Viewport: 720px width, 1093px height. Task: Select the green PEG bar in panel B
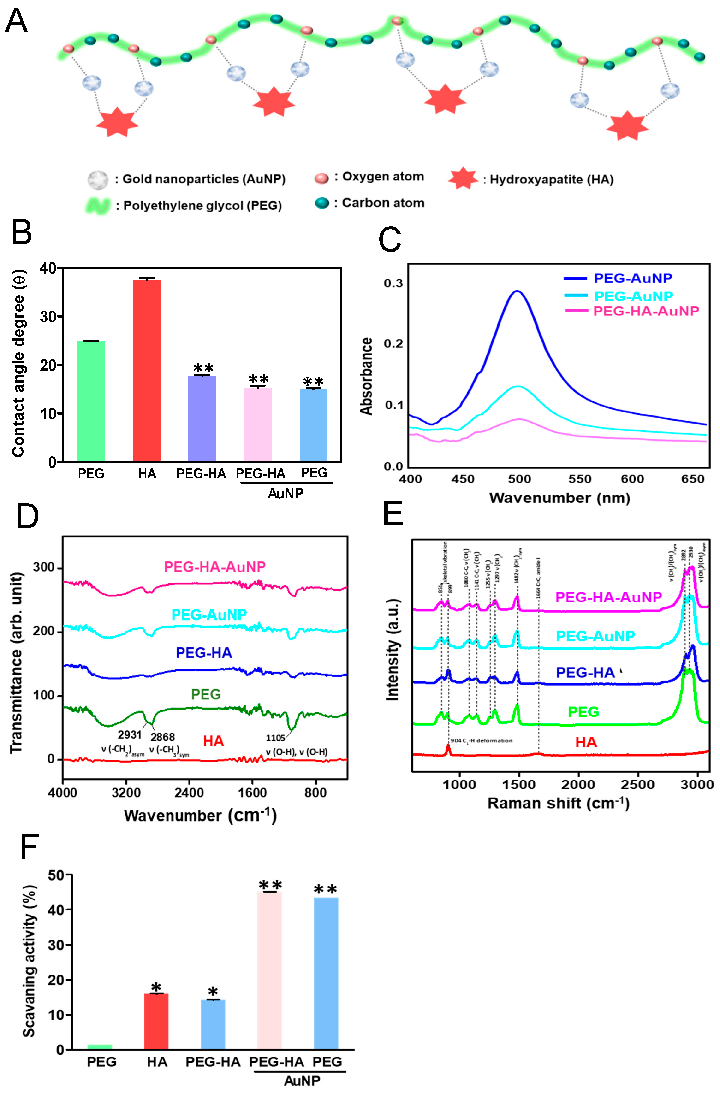pyautogui.click(x=91, y=401)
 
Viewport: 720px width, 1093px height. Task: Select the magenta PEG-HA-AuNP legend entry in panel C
pyautogui.click(x=646, y=311)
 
